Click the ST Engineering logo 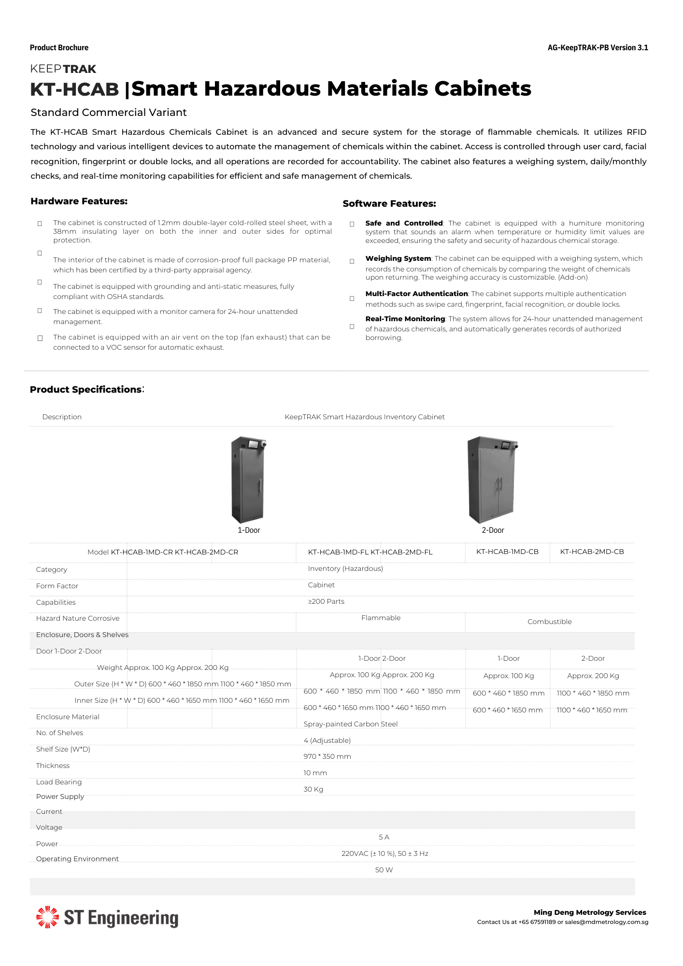click(107, 918)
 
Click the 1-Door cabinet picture click(248, 479)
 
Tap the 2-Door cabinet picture click(492, 479)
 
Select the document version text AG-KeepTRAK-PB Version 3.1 click(598, 48)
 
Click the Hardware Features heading click(79, 201)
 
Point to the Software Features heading click(389, 204)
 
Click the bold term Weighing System click(398, 258)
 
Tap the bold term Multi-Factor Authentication click(416, 294)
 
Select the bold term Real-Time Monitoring click(405, 319)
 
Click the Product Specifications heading click(85, 389)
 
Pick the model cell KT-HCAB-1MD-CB click(507, 552)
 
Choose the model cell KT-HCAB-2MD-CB click(592, 552)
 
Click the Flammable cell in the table click(381, 618)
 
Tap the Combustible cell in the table click(549, 622)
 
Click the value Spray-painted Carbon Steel click(350, 724)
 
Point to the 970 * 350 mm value click(327, 756)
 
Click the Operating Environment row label click(77, 859)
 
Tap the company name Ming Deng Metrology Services click(589, 912)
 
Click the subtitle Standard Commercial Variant click(109, 113)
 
